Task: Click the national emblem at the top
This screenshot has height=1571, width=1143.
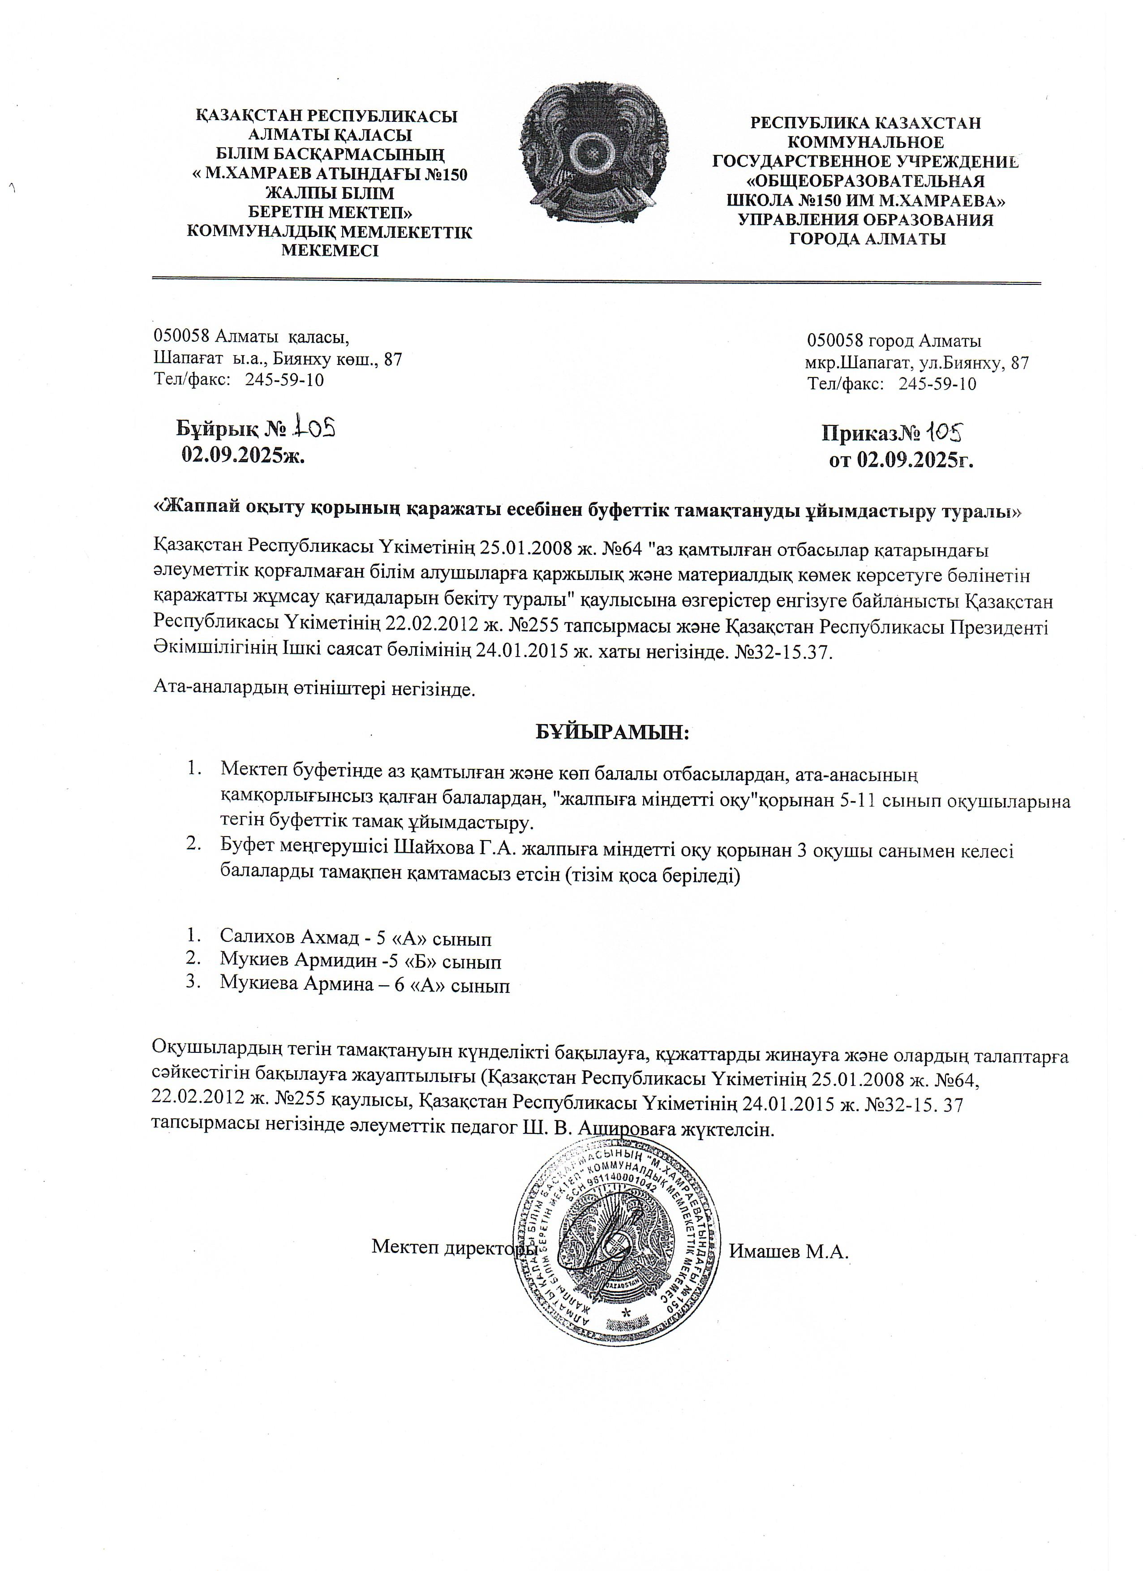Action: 594,159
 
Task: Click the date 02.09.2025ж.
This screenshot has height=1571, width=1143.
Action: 243,455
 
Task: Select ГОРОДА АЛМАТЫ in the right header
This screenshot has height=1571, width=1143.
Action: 867,240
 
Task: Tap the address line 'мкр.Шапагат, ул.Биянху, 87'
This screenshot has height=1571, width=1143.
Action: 916,363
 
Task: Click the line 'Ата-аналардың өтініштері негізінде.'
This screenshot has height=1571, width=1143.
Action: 314,690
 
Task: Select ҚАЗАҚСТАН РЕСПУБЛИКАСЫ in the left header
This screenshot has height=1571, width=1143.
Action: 327,116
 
